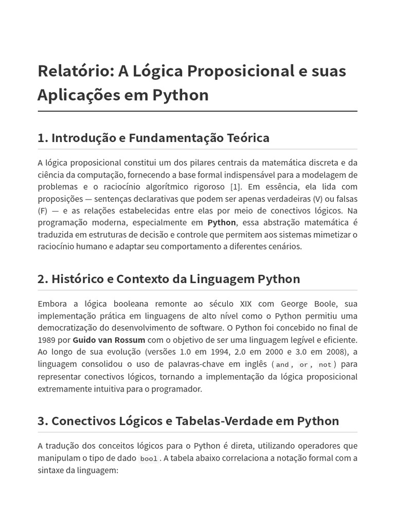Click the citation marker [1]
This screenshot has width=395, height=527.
pos(235,186)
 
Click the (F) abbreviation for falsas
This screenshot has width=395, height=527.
pos(42,210)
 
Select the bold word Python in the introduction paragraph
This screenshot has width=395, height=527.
pos(222,222)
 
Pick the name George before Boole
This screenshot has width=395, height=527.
pos(297,304)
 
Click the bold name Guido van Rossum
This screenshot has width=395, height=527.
pos(109,340)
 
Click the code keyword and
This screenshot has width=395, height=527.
pos(282,364)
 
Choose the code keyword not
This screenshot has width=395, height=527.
pos(325,364)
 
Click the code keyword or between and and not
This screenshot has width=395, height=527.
pos(304,364)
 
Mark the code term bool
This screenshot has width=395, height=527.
pos(149,459)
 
